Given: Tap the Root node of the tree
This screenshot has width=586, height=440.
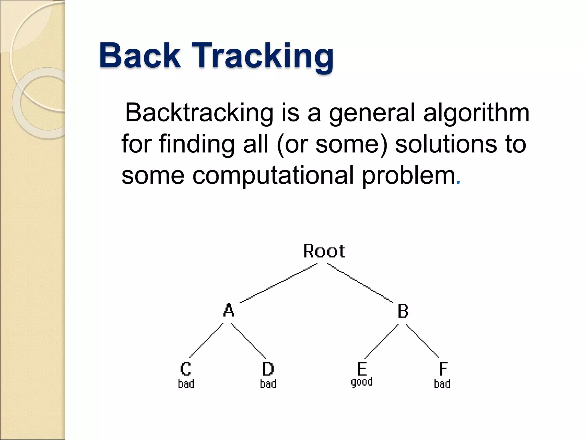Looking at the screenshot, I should tap(324, 251).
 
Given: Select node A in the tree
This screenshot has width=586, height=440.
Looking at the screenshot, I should tap(229, 310).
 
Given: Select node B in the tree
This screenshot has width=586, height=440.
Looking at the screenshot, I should tap(403, 311).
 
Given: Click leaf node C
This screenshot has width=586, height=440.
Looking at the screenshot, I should tap(186, 369).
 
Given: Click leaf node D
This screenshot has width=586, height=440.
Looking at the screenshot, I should tap(268, 369).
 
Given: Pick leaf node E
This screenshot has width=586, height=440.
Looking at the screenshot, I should tap(362, 369).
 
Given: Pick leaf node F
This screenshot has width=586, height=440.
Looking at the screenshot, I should tap(443, 369).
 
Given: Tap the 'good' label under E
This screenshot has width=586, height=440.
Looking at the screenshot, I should tap(362, 382).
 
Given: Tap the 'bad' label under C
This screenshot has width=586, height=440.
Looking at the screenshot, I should tap(186, 384).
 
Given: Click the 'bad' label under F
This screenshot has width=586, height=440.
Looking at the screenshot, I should tap(442, 384).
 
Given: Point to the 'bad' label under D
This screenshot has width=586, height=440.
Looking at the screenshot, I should tap(268, 384).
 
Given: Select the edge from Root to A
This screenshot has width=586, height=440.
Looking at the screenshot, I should tap(278, 283).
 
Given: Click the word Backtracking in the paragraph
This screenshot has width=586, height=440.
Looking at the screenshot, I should tap(199, 113).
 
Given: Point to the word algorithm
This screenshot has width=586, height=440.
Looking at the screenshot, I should tap(476, 113).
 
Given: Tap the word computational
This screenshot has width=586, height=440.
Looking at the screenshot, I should tap(273, 175).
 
